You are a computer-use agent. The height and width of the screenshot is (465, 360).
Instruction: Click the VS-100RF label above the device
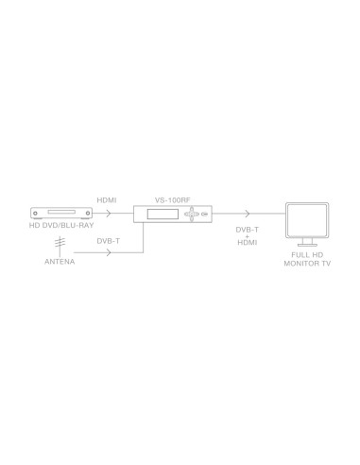pyautogui.click(x=173, y=201)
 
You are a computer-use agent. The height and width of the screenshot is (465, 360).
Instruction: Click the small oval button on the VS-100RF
pyautogui.click(x=206, y=216)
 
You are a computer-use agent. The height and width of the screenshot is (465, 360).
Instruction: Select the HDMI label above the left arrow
pyautogui.click(x=107, y=201)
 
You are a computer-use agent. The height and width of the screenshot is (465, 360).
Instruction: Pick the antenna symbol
pyautogui.click(x=58, y=245)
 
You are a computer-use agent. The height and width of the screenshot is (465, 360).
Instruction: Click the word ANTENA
pyautogui.click(x=59, y=263)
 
